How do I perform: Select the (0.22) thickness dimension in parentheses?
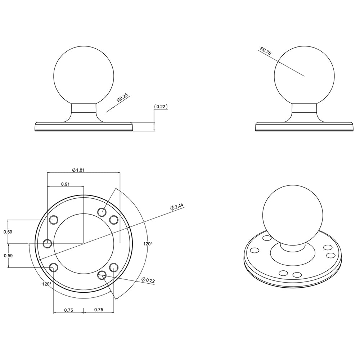coord(161,107)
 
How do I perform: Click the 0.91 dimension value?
coord(65,184)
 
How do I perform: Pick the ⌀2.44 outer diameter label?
coord(177,207)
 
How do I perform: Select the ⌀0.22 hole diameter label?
coord(148,280)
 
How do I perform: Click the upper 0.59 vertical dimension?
coord(8,232)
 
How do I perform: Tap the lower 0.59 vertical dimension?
coord(8,256)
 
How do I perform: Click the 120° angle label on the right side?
coord(148,244)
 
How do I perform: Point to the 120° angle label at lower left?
coord(47,284)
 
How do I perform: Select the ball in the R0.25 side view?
coord(84,76)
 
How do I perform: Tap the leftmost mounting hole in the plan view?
coord(47,244)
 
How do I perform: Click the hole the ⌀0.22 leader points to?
coord(102,275)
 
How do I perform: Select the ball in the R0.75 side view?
coord(304,76)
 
